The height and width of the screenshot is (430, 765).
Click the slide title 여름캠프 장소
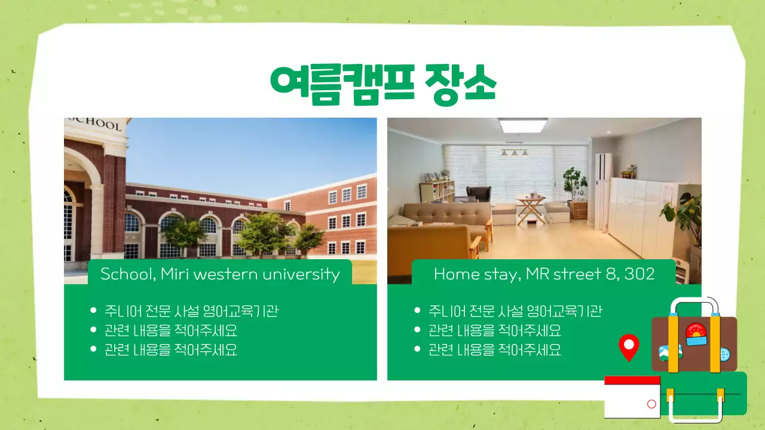coord(383,85)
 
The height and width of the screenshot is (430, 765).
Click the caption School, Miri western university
coord(220,274)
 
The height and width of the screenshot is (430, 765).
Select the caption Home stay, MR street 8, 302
coord(544,274)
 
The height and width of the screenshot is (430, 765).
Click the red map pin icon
coord(629,346)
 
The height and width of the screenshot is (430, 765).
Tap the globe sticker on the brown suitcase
coord(724,354)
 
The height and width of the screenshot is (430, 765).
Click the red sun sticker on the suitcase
coord(695,331)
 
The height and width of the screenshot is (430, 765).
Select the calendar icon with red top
coord(632,397)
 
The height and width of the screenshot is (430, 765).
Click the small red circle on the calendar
coord(651,404)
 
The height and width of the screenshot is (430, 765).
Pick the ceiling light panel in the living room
coord(523,125)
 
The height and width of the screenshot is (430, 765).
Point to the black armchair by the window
coord(479,195)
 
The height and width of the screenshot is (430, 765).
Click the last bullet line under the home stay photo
coord(495,349)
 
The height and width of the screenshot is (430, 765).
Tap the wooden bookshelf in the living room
coord(436,191)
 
